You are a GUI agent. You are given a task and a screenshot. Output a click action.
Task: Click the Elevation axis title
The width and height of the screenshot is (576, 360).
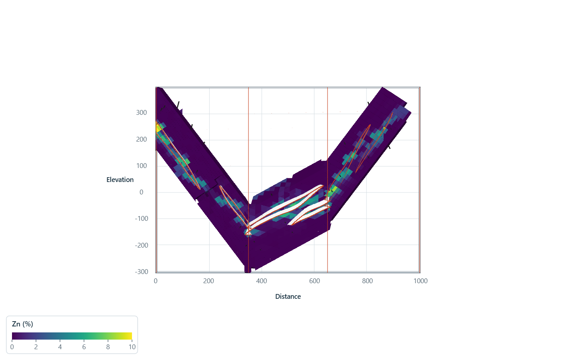click(x=120, y=180)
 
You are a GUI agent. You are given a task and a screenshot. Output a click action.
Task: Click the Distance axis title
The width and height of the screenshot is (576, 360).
click(x=288, y=296)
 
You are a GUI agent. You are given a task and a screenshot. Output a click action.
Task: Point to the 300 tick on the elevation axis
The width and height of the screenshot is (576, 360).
click(x=142, y=113)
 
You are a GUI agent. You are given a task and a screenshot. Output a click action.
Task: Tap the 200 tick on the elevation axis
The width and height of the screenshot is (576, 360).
click(x=142, y=139)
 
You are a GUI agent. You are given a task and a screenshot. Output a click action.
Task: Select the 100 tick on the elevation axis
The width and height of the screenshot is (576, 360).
click(x=142, y=166)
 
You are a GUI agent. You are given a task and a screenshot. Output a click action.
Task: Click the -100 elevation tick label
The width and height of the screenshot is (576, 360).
click(x=142, y=218)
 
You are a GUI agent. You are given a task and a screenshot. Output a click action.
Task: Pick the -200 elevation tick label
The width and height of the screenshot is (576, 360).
click(x=142, y=245)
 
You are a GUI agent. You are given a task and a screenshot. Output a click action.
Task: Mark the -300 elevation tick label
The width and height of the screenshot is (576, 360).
click(x=142, y=272)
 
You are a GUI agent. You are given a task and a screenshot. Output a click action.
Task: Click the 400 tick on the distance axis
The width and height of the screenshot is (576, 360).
click(x=262, y=281)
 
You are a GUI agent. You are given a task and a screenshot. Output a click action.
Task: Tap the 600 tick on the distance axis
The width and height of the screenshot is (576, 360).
click(x=314, y=281)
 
